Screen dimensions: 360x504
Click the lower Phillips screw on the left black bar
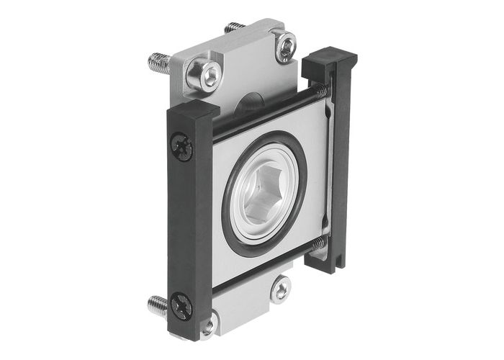pyautogui.click(x=181, y=305)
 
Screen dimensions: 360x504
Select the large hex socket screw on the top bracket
pyautogui.click(x=207, y=74)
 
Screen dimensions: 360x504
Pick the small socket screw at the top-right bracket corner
pyautogui.click(x=286, y=47)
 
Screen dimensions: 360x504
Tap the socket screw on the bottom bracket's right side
pyautogui.click(x=280, y=289)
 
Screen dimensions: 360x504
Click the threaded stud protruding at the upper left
pyautogui.click(x=160, y=63)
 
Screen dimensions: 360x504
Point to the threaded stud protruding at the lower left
pyautogui.click(x=158, y=305)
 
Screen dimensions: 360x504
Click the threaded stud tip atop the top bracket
pyautogui.click(x=233, y=27)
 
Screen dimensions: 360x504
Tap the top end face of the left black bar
pyautogui.click(x=192, y=109)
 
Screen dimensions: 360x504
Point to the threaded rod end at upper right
pyautogui.click(x=321, y=92)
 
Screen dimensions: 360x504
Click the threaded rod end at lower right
pyautogui.click(x=318, y=244)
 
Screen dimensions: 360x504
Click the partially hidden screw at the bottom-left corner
pyautogui.click(x=208, y=326)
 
